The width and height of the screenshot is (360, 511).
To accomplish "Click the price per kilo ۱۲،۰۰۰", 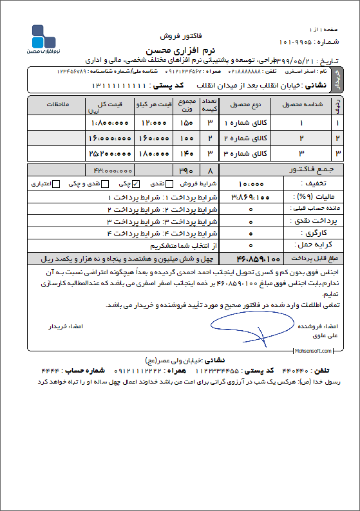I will [155, 122].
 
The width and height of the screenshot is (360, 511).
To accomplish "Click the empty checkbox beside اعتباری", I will [56, 184].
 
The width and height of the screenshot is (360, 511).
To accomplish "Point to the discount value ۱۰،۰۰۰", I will [245, 183].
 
